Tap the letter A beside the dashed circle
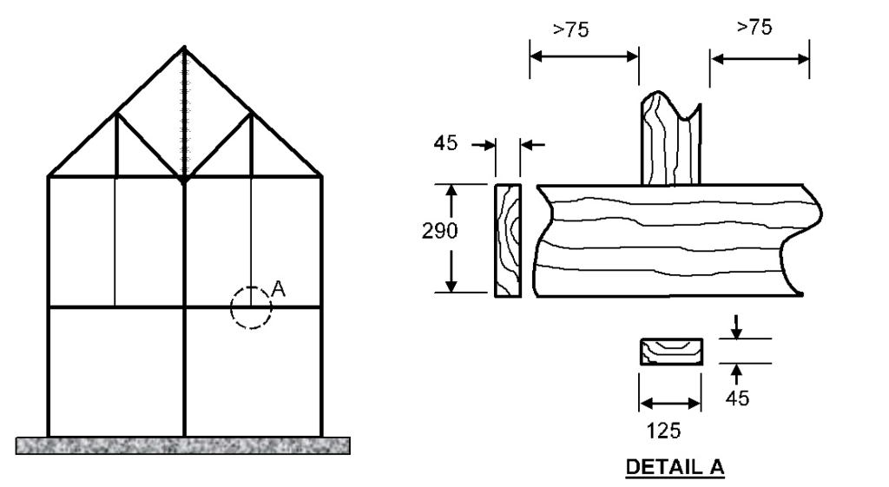coord(279,289)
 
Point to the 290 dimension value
coord(439,231)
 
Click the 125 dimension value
coord(663,431)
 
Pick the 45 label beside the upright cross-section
coord(445,143)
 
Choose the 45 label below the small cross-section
coord(737,398)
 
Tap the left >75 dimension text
coord(571,29)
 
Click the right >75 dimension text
coord(754,27)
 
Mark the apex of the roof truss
coord(184,47)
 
